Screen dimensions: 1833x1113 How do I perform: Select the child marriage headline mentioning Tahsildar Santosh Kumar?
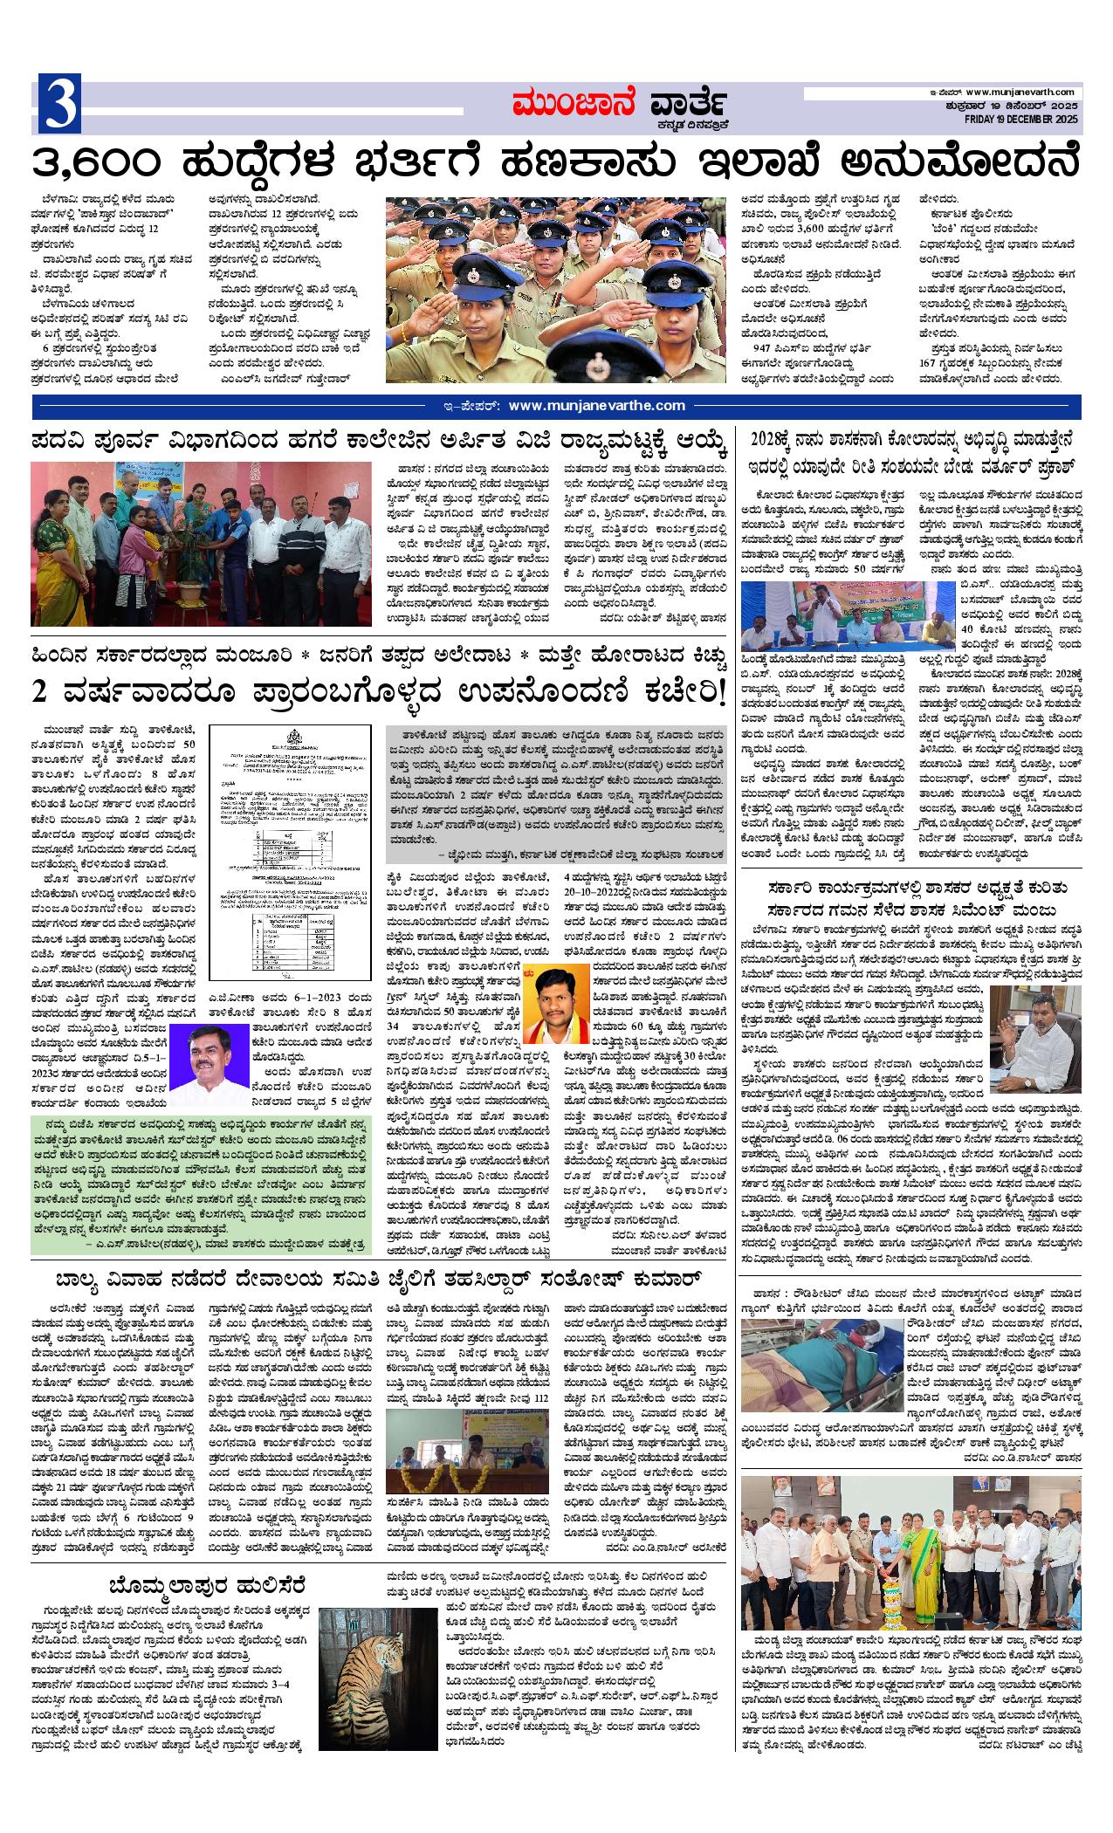[x=379, y=1280]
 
